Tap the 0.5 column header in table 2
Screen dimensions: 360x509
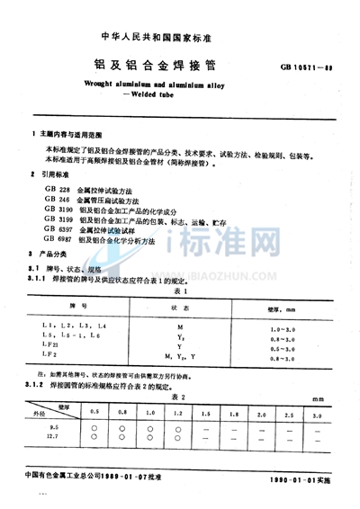[x=96, y=416]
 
